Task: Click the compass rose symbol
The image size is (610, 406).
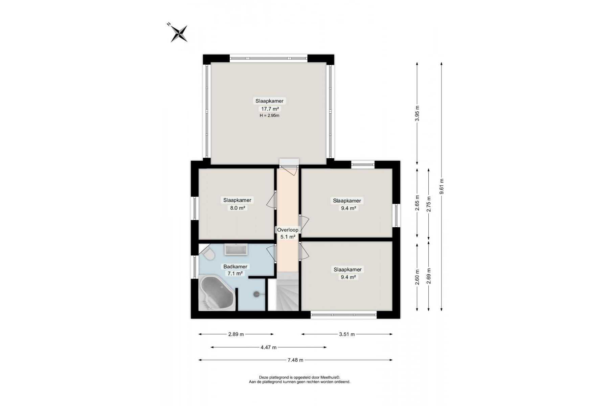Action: click(x=179, y=33)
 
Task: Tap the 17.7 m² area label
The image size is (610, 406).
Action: click(x=269, y=109)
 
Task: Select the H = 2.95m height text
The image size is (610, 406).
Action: click(x=269, y=116)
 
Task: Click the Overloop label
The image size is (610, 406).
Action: click(x=288, y=230)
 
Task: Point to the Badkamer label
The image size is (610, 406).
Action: click(x=235, y=267)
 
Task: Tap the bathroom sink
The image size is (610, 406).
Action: click(x=236, y=250)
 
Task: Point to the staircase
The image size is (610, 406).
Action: click(x=288, y=293)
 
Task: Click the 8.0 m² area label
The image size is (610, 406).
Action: click(x=238, y=208)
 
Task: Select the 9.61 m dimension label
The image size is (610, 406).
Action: click(x=442, y=186)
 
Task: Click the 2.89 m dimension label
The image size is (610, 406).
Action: click(x=236, y=334)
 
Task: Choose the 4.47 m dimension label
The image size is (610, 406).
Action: click(x=269, y=347)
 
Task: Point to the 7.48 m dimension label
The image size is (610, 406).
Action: click(x=295, y=360)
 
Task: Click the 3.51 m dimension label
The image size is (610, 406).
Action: click(x=347, y=334)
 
